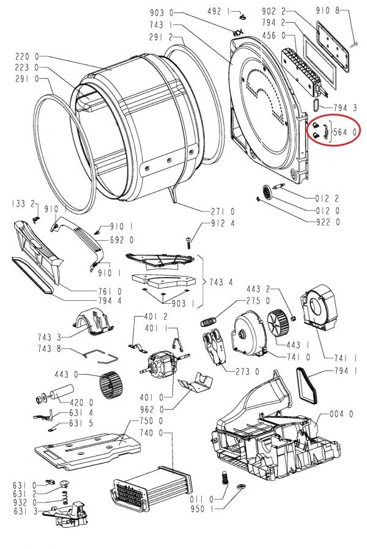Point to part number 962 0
pyautogui.click(x=152, y=409)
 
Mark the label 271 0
pyautogui.click(x=224, y=211)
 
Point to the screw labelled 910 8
pyautogui.click(x=354, y=41)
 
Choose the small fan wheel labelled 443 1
pyautogui.click(x=279, y=322)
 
